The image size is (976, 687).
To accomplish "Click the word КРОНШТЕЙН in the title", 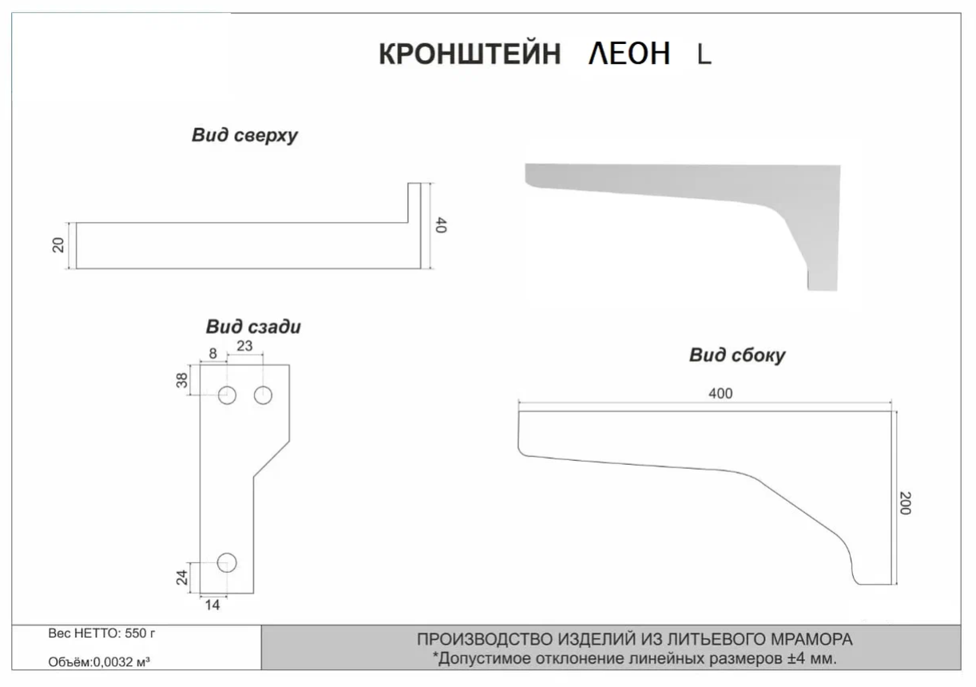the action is click(x=470, y=54).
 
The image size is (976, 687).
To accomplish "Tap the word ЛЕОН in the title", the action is click(x=629, y=54).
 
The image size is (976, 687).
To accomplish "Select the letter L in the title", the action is click(x=704, y=55).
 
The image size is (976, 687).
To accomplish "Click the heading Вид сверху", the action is click(x=244, y=135).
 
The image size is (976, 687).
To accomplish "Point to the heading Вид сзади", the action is click(x=253, y=327).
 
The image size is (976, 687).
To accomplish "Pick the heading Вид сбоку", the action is click(x=737, y=355).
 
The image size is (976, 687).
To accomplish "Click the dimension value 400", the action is click(x=720, y=394).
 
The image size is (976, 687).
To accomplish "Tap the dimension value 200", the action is click(x=906, y=503).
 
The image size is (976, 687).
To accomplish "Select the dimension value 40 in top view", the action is click(x=441, y=225).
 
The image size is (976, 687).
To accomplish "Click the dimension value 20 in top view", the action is click(x=58, y=245).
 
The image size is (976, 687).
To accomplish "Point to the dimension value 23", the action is click(x=244, y=346).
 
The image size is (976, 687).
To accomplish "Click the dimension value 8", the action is click(x=212, y=354).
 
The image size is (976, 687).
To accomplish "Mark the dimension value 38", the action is click(x=181, y=380).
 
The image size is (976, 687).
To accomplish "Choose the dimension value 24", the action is click(x=181, y=577).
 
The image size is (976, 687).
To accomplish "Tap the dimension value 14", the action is click(x=212, y=605).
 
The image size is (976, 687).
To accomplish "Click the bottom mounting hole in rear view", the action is click(x=227, y=562).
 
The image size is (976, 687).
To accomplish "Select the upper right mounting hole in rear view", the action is click(x=263, y=395).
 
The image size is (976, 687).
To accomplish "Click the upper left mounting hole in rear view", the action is click(x=227, y=395).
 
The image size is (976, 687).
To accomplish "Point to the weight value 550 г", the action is click(x=140, y=633).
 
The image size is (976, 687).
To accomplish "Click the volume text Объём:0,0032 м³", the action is click(x=99, y=662).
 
